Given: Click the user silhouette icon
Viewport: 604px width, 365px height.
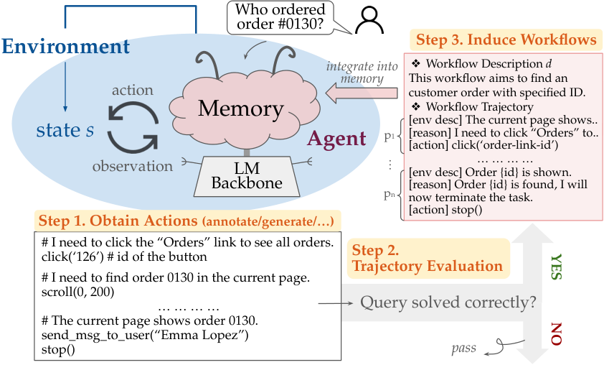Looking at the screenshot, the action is (369, 20).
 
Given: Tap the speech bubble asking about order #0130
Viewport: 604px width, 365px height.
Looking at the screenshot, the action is (280, 17).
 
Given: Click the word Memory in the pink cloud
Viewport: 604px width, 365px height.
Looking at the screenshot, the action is (241, 108).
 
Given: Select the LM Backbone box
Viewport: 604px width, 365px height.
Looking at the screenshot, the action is (247, 176).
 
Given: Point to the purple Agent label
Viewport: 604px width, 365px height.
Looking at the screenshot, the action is (336, 139).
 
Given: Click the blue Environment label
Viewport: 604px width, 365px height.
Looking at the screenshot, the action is (66, 46).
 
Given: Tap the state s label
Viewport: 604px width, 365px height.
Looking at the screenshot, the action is (65, 130).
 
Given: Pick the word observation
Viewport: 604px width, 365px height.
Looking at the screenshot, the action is (133, 166).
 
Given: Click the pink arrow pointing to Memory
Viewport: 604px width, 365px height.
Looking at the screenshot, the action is (362, 93).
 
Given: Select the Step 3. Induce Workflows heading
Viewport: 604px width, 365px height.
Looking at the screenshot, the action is (506, 40).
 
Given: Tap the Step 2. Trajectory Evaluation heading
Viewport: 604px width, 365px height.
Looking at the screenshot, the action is (428, 258).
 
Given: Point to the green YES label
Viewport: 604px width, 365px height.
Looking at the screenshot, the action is (557, 267).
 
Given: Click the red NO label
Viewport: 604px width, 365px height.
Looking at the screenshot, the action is (556, 334).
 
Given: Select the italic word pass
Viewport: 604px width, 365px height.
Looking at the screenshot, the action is (464, 348).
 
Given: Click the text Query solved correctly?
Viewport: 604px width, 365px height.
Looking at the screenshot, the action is (448, 302).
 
